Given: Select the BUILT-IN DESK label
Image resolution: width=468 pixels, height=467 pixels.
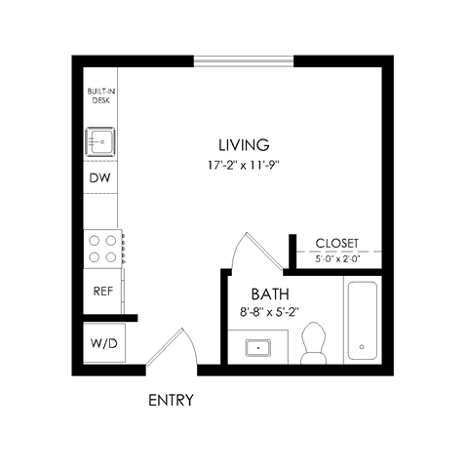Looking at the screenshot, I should [100, 96].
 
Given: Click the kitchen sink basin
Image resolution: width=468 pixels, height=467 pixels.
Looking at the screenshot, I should [100, 142].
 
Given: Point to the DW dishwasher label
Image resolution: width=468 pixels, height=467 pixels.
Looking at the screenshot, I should [99, 178].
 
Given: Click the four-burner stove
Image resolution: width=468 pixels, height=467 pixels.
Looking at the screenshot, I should [101, 247].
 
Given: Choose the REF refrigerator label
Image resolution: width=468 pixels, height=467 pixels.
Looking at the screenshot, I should [101, 291].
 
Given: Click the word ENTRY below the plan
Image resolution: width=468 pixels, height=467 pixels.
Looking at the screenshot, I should [171, 400].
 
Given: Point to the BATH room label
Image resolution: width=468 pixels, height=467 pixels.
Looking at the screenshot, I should [269, 293].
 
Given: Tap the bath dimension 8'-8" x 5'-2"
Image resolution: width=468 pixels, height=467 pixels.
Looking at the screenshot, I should [269, 313].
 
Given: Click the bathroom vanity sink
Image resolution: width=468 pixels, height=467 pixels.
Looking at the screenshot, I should [259, 346].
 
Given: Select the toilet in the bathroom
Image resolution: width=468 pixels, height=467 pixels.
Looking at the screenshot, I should [314, 344].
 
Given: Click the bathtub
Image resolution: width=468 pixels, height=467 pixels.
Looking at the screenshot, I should [362, 321].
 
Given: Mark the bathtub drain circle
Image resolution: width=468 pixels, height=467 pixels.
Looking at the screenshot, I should [362, 347].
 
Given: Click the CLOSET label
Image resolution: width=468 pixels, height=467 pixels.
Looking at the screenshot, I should [337, 244].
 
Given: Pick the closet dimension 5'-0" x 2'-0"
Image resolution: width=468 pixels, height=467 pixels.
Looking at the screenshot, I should [337, 259].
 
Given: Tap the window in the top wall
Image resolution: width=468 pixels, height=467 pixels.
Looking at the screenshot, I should [243, 62].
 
